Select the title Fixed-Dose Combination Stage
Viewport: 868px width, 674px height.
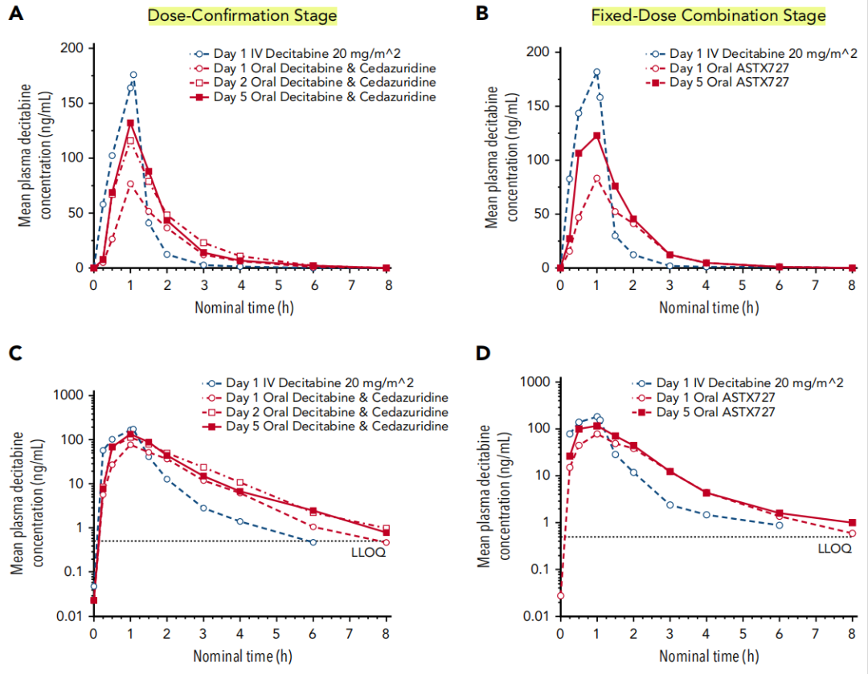click(708, 15)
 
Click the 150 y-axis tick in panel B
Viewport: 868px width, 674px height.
click(542, 106)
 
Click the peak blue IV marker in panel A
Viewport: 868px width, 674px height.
click(133, 75)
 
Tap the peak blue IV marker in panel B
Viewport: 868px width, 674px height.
click(596, 72)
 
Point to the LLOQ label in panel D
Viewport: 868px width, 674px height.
click(833, 549)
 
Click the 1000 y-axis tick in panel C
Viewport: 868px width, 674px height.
click(69, 395)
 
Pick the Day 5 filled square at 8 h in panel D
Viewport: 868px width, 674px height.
click(853, 522)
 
